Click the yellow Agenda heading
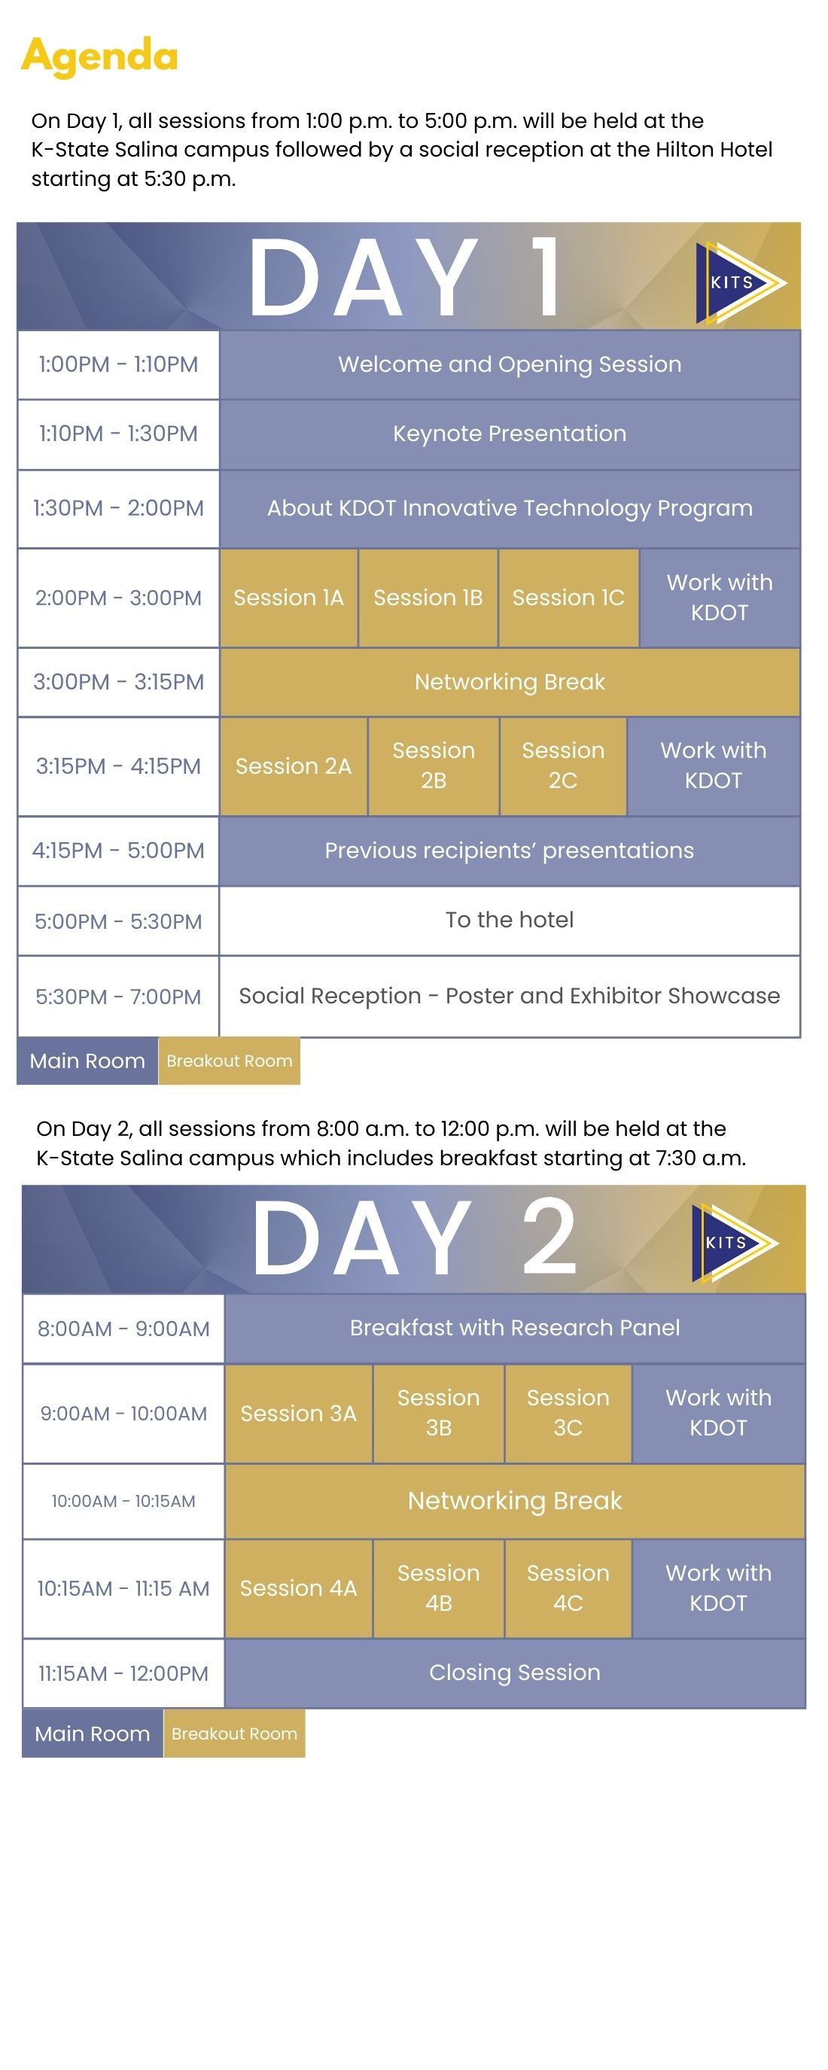(x=99, y=56)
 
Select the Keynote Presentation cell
(x=510, y=434)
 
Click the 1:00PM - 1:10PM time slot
(x=118, y=365)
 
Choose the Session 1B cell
(x=428, y=598)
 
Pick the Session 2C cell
(x=563, y=766)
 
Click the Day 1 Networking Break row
(x=510, y=682)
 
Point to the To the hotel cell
(x=510, y=920)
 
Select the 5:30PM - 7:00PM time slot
(x=118, y=997)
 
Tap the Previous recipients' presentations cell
(x=510, y=851)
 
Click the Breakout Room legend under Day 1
(x=229, y=1061)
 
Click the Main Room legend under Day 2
(x=93, y=1734)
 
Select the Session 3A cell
(x=298, y=1414)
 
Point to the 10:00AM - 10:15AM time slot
(x=123, y=1501)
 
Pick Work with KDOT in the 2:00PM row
(x=720, y=598)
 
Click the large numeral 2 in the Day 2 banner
(x=549, y=1236)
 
